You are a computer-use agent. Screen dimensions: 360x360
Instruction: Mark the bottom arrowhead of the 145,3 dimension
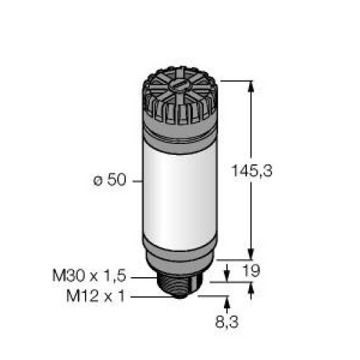point(251,253)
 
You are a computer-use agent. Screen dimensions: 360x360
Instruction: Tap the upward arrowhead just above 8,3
point(230,300)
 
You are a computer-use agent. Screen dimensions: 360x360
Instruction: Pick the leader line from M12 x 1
point(142,294)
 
